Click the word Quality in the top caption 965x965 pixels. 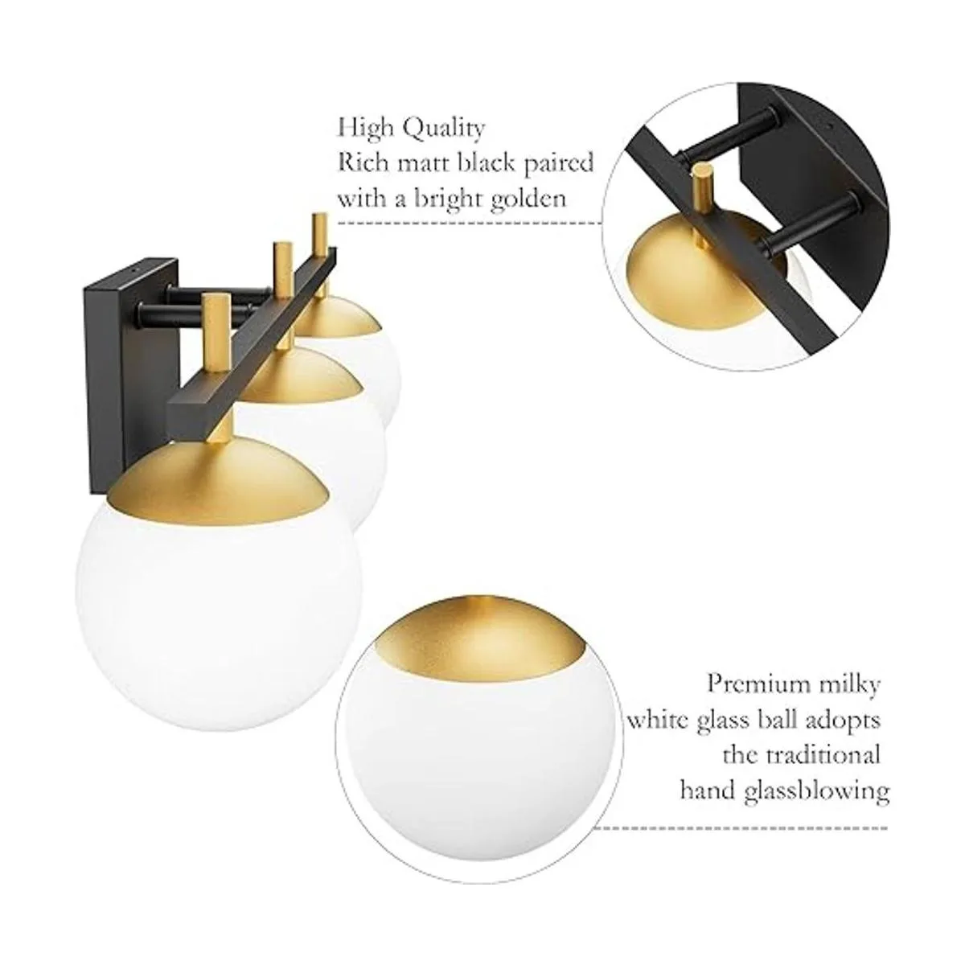pyautogui.click(x=444, y=129)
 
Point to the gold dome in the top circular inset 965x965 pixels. pyautogui.click(x=666, y=281)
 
